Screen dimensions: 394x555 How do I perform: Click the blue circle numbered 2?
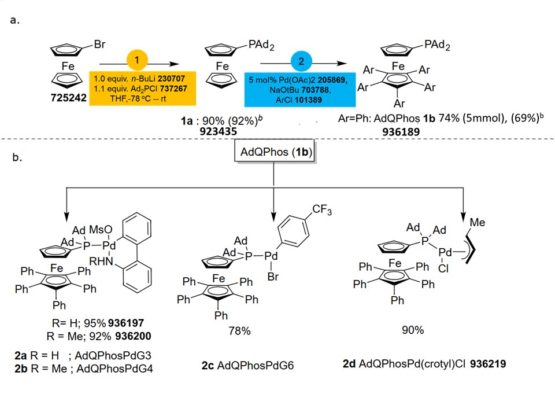[x=305, y=60]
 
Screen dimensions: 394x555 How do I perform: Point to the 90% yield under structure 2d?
[x=412, y=330]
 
